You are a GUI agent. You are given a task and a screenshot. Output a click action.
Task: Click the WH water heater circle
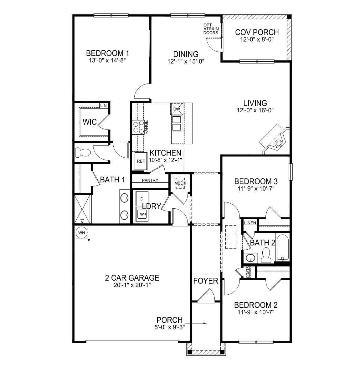coord(81,233)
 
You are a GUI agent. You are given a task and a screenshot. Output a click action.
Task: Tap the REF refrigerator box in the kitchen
coord(141,161)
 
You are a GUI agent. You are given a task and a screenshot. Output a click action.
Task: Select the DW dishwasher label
coord(177,109)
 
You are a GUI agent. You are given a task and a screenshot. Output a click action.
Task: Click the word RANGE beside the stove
coord(146,127)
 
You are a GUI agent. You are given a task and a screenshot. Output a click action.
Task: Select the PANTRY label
coord(150,180)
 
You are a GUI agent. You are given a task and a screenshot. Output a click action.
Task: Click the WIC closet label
coord(90,122)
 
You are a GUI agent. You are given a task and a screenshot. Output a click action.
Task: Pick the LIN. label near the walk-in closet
coord(104,106)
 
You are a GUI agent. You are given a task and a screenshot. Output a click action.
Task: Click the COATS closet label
coord(248,272)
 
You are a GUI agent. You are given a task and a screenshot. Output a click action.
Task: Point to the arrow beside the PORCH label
coord(196,323)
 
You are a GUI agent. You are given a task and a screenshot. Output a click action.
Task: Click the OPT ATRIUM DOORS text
coord(211,29)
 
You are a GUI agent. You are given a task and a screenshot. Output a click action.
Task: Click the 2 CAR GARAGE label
coord(132,278)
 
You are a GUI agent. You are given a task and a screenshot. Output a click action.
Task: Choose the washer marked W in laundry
coord(142,214)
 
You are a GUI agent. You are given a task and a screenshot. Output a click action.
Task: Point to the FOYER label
coord(206,281)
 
